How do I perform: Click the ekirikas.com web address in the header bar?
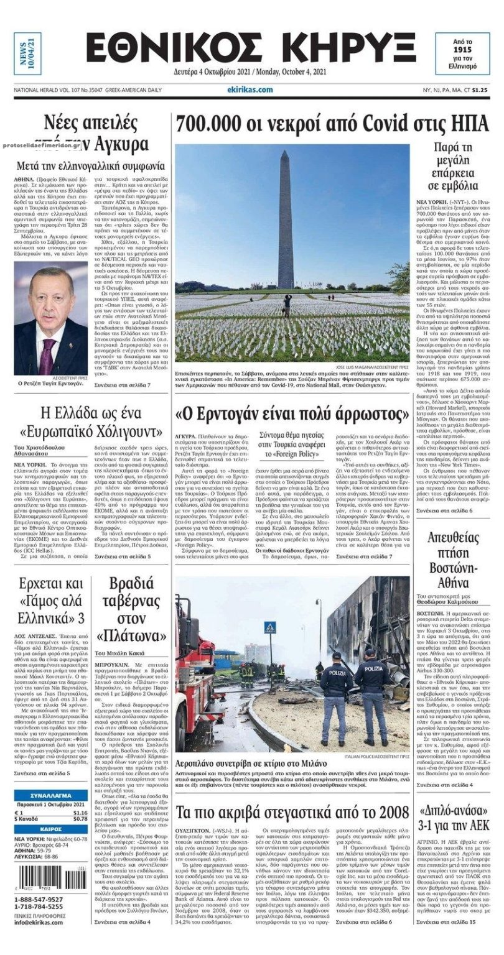click(x=251, y=90)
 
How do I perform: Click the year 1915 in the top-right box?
click(x=462, y=48)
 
